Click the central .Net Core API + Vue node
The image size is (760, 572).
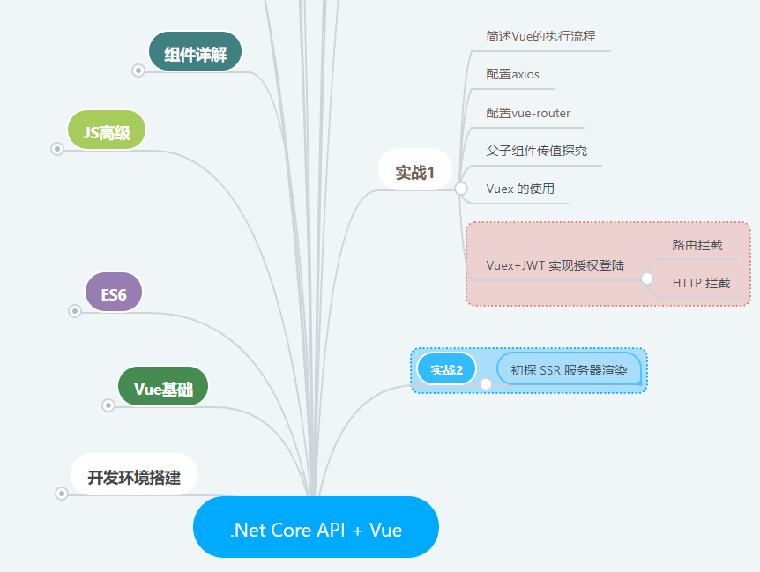316,527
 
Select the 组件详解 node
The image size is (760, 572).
195,51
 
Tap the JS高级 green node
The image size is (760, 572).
107,130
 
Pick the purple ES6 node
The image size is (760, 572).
114,292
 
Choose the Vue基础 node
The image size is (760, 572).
163,387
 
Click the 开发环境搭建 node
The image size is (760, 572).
134,474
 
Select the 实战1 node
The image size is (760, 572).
415,169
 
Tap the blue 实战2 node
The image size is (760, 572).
446,369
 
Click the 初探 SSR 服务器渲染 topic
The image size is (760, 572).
569,369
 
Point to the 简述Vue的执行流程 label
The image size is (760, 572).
540,36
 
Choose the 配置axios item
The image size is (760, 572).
512,74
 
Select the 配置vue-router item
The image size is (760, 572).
528,113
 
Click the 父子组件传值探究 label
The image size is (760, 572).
537,151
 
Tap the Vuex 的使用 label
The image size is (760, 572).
520,189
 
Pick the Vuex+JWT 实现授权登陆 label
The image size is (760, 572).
555,265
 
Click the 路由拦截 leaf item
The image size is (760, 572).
697,245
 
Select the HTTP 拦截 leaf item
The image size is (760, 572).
701,283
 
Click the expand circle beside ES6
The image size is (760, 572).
75,311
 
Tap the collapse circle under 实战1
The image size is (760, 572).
461,189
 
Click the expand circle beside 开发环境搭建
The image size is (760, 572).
62,494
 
